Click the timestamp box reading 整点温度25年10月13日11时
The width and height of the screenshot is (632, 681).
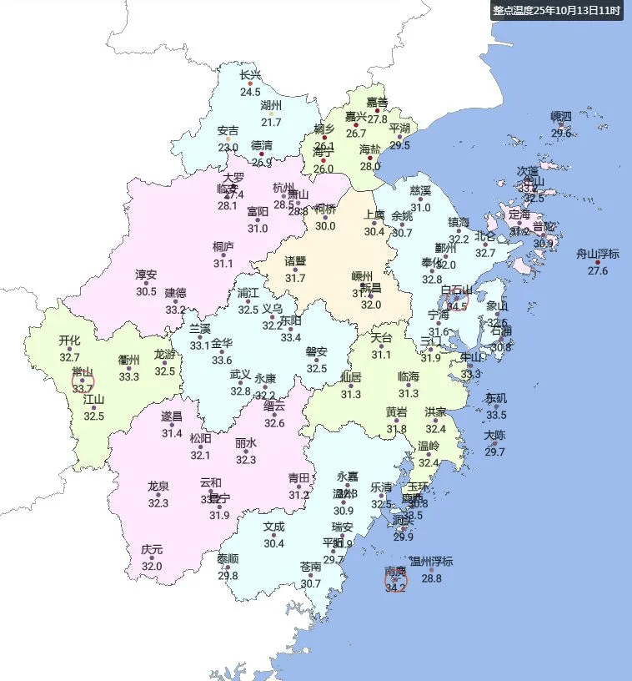point(556,11)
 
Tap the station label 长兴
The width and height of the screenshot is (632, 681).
point(250,75)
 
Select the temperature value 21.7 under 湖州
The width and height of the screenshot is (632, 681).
point(272,123)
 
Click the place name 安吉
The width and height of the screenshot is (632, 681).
point(228,131)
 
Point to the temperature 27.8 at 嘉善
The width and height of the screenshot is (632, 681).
point(378,119)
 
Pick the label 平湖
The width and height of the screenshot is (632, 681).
point(400,128)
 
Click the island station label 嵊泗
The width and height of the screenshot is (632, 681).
point(561,116)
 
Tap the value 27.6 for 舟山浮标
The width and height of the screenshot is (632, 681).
point(598,270)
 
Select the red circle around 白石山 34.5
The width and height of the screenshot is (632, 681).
point(457,301)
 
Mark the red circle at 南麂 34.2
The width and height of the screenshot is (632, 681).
point(395,581)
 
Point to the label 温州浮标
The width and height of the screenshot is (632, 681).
point(431,562)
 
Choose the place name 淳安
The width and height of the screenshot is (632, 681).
point(146,275)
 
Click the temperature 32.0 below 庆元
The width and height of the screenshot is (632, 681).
point(151,567)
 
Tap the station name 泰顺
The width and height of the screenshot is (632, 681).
point(228,559)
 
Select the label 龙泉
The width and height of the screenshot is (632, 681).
point(158,486)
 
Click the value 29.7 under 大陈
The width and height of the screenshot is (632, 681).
point(495,452)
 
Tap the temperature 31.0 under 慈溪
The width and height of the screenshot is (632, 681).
point(420,208)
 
